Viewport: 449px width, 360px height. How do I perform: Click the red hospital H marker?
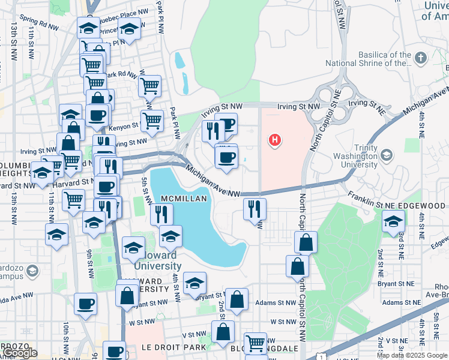(275, 140)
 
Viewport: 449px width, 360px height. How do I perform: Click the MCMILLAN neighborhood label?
(183, 199)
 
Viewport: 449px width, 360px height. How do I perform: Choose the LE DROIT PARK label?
(173, 347)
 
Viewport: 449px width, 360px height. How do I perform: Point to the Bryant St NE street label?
(397, 284)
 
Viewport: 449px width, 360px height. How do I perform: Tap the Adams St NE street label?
(401, 302)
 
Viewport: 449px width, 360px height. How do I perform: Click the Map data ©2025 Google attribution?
(412, 355)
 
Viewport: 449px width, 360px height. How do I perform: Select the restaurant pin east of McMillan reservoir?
(255, 208)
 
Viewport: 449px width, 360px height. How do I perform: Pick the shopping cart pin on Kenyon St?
(152, 120)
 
